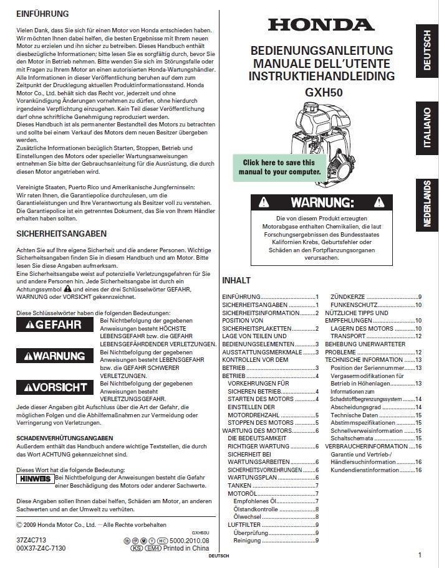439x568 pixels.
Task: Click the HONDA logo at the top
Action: pyautogui.click(x=321, y=24)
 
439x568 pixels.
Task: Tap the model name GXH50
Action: pyautogui.click(x=321, y=92)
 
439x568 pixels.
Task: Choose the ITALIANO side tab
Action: pyautogui.click(x=427, y=127)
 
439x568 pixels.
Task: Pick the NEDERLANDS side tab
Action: pyautogui.click(x=427, y=204)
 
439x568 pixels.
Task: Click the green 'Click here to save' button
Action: pyautogui.click(x=279, y=167)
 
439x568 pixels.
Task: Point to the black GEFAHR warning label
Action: pyautogui.click(x=55, y=325)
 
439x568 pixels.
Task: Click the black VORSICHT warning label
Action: pyautogui.click(x=55, y=387)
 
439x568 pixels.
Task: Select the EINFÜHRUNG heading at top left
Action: pyautogui.click(x=42, y=14)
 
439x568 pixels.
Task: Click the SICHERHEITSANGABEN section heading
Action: pyautogui.click(x=61, y=234)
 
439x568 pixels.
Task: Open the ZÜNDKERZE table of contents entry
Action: pyautogui.click(x=349, y=296)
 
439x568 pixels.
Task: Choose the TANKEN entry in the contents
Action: pyautogui.click(x=239, y=485)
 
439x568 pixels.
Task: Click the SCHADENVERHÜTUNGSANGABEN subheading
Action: pyautogui.click(x=64, y=438)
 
